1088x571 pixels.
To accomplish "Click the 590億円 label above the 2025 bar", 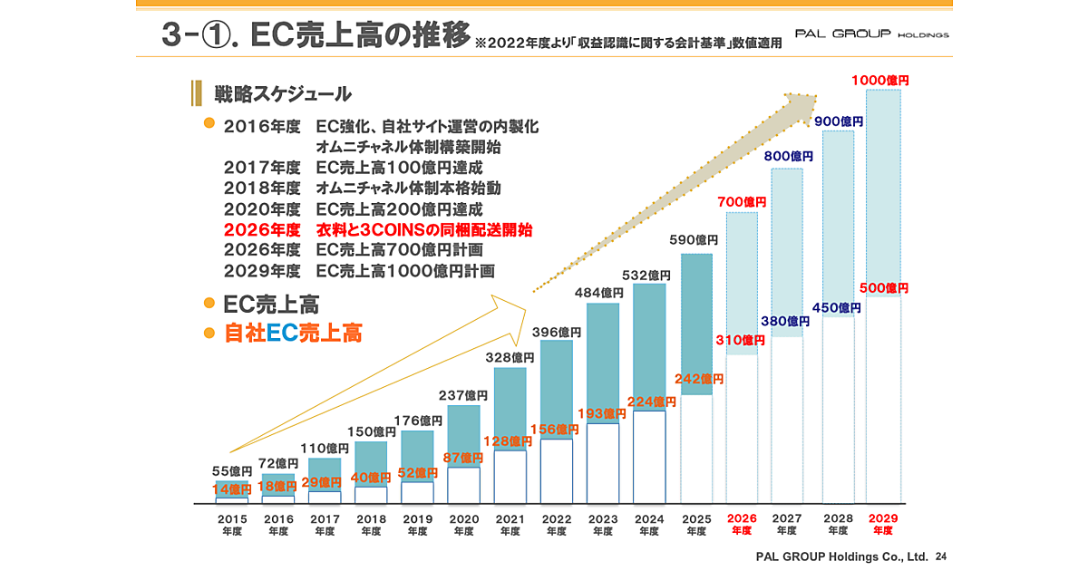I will (x=694, y=240).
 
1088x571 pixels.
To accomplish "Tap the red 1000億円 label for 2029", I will (x=879, y=81).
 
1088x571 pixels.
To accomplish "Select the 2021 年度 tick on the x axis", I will (x=510, y=524).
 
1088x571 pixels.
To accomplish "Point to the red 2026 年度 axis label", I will (x=741, y=524).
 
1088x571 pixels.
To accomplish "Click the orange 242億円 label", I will (x=699, y=379).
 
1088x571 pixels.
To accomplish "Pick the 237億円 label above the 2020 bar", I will (x=463, y=395).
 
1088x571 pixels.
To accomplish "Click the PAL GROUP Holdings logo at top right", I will (x=870, y=34).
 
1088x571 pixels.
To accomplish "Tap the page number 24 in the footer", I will (x=939, y=555).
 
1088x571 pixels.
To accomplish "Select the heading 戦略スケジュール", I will (x=282, y=93).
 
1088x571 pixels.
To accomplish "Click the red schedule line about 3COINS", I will (x=377, y=230).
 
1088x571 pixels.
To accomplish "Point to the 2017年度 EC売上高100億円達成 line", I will (x=353, y=168).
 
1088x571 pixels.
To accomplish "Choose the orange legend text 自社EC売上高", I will (x=293, y=334).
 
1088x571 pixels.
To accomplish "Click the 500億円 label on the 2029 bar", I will (x=879, y=288).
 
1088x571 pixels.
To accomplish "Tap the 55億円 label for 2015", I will (x=232, y=471).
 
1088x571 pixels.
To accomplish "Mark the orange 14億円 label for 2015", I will (x=232, y=489).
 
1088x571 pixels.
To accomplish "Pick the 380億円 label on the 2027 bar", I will (x=786, y=321).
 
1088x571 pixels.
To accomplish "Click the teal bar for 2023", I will (x=603, y=363).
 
